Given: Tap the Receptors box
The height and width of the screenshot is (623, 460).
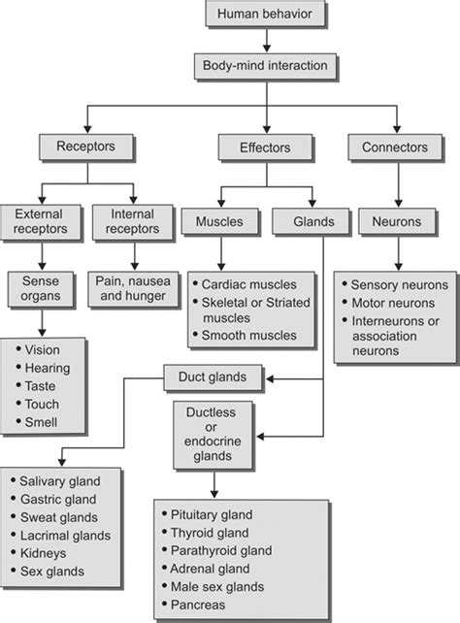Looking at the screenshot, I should coord(86,148).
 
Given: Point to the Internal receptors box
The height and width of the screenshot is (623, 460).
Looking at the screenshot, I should coord(132,221).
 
